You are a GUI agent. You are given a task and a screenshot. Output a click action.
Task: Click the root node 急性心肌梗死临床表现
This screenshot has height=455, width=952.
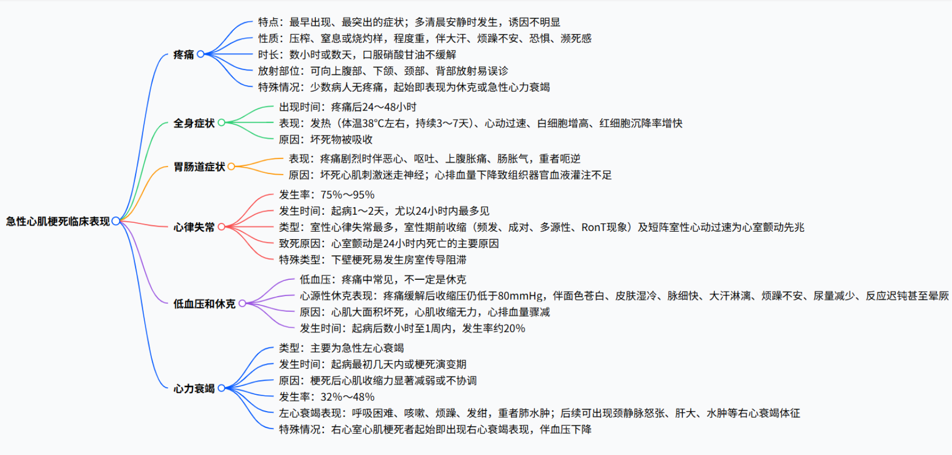[57, 221]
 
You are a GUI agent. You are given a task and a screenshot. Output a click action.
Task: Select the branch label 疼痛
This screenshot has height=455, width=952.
[183, 54]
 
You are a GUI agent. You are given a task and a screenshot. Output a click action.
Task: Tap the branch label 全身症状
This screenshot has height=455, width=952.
[194, 123]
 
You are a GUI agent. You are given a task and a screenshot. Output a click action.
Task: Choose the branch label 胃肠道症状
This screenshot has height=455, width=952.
[199, 166]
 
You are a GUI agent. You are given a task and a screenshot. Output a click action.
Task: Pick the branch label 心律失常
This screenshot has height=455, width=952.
[194, 227]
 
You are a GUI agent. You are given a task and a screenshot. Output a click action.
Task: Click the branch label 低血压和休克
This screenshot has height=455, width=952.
[204, 304]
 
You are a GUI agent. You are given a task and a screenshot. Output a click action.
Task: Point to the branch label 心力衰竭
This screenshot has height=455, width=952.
[194, 388]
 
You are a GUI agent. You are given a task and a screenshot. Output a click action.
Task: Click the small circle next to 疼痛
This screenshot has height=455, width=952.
[201, 54]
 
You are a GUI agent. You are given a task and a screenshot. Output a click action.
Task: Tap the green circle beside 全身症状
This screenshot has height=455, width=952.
[221, 123]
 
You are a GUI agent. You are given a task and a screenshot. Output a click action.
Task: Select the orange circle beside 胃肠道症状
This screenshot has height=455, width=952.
[232, 166]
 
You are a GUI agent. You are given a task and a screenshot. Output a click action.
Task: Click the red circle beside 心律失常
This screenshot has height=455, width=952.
[221, 227]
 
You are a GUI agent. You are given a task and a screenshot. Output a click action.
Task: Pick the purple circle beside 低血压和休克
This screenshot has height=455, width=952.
[242, 304]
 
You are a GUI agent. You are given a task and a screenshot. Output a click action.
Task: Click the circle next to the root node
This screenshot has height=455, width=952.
[116, 221]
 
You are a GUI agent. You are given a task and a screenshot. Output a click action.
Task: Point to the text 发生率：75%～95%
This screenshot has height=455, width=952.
[327, 195]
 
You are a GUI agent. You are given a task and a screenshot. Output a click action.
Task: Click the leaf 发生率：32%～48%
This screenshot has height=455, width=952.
[327, 397]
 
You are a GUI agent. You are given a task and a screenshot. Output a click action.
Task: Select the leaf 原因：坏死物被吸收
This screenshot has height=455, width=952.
[325, 139]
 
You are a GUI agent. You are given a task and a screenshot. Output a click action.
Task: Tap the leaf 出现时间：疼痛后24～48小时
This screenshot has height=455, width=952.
[348, 107]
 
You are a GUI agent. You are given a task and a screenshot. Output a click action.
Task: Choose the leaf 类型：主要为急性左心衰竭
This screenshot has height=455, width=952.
[341, 348]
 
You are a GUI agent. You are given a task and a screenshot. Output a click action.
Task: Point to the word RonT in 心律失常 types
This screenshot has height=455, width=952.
[595, 227]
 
